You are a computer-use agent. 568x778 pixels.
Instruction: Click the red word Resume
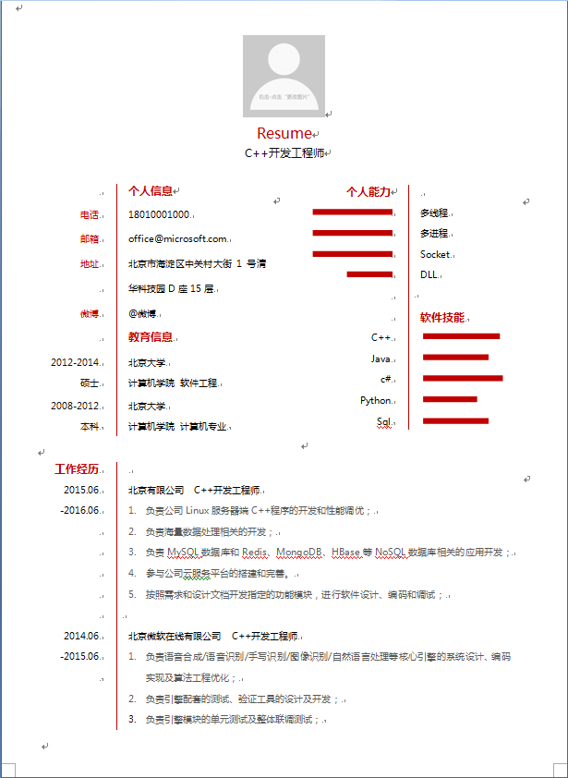click(284, 134)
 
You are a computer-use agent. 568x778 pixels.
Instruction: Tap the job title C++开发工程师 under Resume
click(284, 153)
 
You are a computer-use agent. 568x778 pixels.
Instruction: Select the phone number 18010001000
click(159, 214)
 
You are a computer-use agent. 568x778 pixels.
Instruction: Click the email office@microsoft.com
click(177, 238)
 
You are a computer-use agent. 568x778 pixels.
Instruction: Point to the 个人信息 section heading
click(150, 191)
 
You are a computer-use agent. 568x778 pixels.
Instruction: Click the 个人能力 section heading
click(369, 191)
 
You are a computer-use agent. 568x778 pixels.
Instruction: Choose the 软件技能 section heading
click(442, 317)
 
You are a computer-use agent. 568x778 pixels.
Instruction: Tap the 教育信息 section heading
click(150, 336)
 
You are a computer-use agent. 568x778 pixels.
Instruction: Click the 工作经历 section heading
click(77, 468)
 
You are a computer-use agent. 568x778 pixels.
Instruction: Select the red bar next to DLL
click(369, 274)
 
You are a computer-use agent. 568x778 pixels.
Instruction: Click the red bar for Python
click(450, 399)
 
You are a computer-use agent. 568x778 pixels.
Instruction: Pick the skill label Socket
click(435, 254)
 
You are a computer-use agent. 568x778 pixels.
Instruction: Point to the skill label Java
click(381, 359)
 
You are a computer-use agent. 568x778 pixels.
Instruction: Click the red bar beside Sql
click(455, 420)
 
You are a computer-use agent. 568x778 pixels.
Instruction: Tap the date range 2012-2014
click(75, 362)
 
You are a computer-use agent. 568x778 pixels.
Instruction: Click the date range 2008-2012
click(75, 406)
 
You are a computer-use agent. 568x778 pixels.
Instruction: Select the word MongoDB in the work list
click(299, 553)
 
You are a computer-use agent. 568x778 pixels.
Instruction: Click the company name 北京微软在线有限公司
click(175, 636)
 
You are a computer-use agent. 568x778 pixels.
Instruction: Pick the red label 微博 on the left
click(89, 314)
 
